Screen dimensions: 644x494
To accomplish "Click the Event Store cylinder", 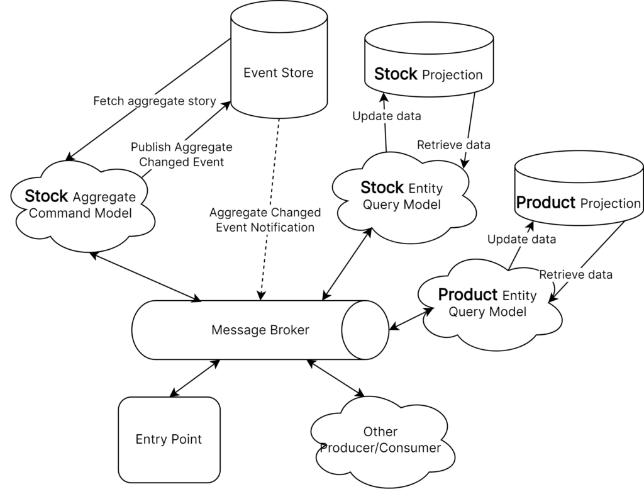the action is point(279,60).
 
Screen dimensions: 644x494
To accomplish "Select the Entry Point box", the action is point(169,440).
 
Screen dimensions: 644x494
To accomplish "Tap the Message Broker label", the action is point(260,330).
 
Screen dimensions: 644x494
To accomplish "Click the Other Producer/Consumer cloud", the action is point(382,442).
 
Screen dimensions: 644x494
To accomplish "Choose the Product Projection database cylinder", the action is point(579,188).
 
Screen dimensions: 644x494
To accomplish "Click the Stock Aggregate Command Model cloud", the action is point(82,206).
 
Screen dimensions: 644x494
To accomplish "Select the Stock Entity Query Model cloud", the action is point(402,197).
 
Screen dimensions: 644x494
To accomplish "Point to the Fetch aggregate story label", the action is point(155,101).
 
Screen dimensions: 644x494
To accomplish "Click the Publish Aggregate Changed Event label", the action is point(182,155).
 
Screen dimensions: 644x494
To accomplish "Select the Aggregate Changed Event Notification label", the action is point(265,220).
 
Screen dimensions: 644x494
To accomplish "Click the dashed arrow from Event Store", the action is point(270,209).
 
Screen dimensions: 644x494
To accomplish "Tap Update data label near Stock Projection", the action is point(387,116).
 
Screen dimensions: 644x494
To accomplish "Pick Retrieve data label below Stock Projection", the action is point(453,145).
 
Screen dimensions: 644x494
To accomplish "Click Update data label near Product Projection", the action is point(521,240).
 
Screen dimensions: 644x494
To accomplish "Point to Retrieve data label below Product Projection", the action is point(575,274).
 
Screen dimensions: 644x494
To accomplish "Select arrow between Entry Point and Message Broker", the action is point(195,378).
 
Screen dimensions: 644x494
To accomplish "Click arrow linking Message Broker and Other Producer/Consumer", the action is point(336,378).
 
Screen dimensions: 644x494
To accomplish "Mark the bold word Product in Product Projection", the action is point(545,203).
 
